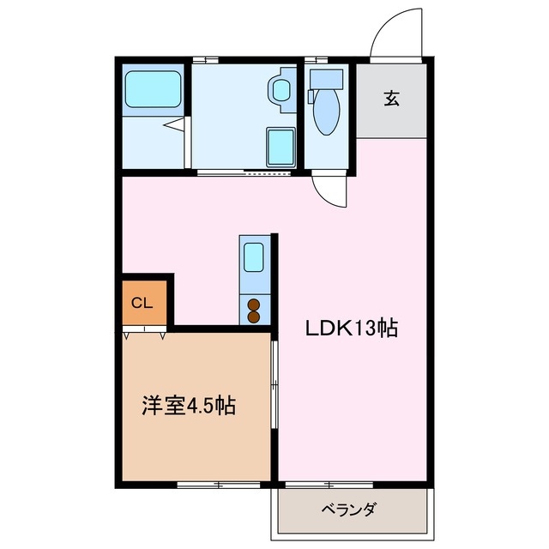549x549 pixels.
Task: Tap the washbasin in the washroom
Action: [x=280, y=88]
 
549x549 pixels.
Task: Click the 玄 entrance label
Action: [x=391, y=99]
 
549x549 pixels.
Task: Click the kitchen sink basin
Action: [x=255, y=256]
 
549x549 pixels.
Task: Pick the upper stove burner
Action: [x=254, y=303]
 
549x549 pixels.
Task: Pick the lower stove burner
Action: [x=254, y=317]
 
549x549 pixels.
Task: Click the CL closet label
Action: [x=142, y=302]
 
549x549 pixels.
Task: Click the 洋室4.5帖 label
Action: [x=189, y=406]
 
